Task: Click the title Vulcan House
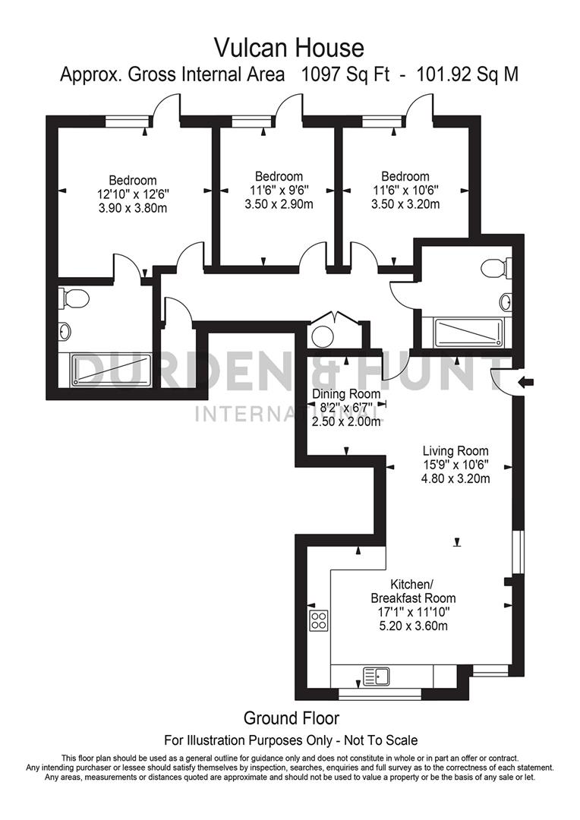(x=289, y=49)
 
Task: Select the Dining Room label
(x=346, y=394)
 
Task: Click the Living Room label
(x=455, y=450)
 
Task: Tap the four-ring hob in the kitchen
(x=318, y=620)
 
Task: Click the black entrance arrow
(x=523, y=381)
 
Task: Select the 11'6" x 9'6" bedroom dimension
(x=279, y=190)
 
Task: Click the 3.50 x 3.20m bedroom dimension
(x=405, y=203)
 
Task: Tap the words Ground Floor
(x=291, y=717)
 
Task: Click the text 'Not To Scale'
(x=380, y=740)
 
